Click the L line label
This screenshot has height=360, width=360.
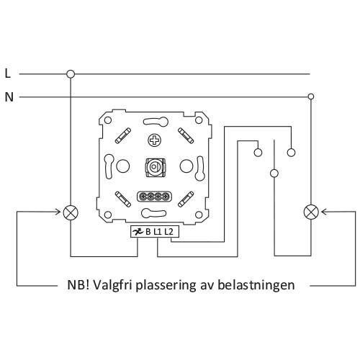(x=8, y=73)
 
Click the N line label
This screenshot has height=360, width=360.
(x=9, y=97)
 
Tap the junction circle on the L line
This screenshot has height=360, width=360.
(x=71, y=74)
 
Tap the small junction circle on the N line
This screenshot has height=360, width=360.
(x=311, y=96)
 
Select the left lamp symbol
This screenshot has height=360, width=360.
(x=71, y=212)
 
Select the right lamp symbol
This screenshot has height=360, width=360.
(x=311, y=212)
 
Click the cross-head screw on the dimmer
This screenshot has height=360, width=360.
(x=154, y=140)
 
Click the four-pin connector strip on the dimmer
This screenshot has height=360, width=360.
(x=154, y=197)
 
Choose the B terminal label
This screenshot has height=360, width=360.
(x=148, y=232)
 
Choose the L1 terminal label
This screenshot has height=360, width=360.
(x=157, y=232)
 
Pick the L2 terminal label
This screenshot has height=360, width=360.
(x=168, y=232)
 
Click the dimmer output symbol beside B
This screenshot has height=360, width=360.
(x=138, y=232)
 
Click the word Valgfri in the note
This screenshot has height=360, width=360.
(x=112, y=286)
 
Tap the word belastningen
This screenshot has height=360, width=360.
(x=256, y=285)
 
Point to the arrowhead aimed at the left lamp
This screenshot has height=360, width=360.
(x=58, y=212)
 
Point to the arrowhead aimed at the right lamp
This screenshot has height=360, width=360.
(x=325, y=212)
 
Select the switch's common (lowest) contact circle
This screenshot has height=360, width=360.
(x=274, y=174)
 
